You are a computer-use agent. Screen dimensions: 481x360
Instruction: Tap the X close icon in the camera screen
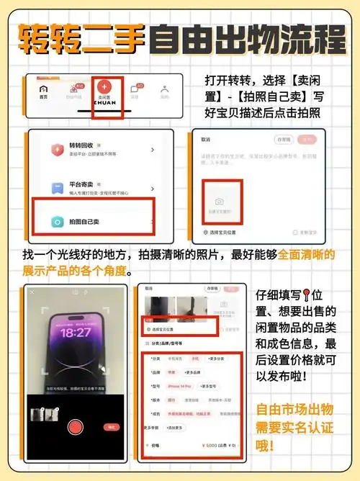(32, 292)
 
